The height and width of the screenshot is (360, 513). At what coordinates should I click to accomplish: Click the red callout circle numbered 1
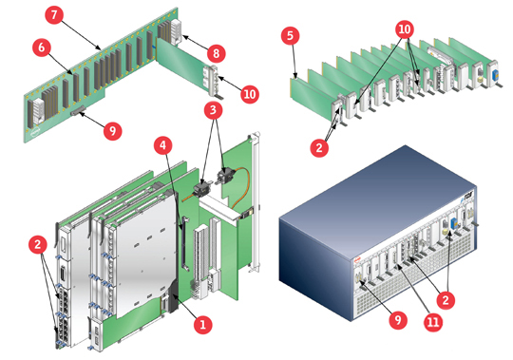coord(202,325)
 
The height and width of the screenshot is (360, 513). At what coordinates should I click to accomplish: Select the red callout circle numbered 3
coord(213,110)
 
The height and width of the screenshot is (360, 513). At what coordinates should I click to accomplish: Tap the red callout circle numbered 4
coord(163,145)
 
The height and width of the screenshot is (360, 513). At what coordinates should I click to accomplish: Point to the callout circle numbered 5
coord(290,36)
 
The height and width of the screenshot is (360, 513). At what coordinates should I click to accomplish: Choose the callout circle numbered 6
coord(42,47)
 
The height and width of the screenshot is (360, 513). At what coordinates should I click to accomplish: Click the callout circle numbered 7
coord(54,14)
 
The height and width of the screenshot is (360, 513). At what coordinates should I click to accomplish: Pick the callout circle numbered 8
coord(216,53)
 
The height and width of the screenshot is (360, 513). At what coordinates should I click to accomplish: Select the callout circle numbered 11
coord(433,322)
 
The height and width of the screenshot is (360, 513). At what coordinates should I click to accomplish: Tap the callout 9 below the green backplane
coord(112,131)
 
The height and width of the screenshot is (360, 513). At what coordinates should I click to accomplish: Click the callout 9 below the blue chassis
coord(398,319)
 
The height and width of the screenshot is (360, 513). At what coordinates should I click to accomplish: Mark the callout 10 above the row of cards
coord(405,29)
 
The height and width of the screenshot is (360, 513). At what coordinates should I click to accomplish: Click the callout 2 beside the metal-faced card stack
coord(38,244)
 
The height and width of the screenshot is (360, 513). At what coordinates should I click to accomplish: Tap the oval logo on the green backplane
coord(35,133)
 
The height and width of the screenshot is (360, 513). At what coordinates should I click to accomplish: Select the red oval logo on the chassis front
coord(357,260)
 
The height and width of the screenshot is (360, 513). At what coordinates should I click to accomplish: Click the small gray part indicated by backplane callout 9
coord(78,111)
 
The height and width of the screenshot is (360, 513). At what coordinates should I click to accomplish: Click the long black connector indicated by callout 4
coord(184,242)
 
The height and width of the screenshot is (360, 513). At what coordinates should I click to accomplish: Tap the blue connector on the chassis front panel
coord(453,223)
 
